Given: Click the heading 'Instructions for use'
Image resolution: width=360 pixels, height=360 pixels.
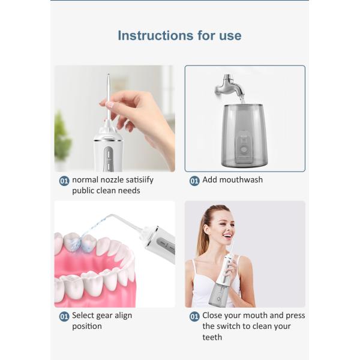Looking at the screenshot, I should click(179, 35).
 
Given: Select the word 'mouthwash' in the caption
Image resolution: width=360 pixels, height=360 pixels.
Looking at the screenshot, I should click(241, 179).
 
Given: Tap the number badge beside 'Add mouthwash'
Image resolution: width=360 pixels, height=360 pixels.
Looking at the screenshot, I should click(194, 180).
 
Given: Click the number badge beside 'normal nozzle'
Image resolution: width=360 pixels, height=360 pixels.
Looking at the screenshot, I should click(64, 180).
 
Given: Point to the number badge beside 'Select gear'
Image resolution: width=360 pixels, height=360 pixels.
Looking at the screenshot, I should click(64, 316).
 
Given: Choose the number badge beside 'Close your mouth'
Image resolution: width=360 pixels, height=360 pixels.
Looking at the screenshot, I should click(194, 316).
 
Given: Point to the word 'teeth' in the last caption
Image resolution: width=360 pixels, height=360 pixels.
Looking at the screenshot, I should click(212, 337).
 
